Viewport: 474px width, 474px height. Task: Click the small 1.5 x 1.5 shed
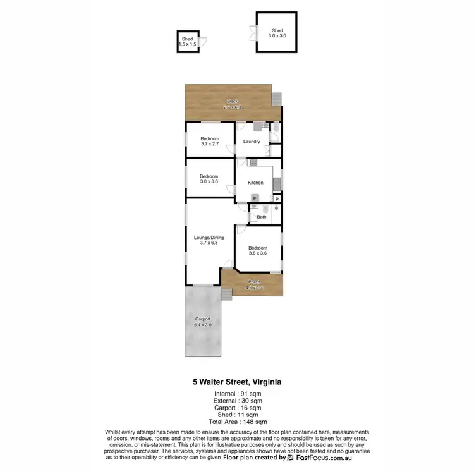(187, 42)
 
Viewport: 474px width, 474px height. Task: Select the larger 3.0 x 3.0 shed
(277, 33)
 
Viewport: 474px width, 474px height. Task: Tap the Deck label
(233, 101)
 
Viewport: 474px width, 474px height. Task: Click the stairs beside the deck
(277, 99)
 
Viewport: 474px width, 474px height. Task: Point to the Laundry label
(252, 142)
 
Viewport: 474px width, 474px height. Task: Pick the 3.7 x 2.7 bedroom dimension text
(210, 144)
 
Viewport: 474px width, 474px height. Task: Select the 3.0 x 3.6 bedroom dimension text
(209, 181)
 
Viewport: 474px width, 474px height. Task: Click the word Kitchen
(255, 183)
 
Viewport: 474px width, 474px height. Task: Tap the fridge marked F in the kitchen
(255, 198)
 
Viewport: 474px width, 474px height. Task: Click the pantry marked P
(276, 198)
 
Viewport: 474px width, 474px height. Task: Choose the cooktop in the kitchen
(253, 162)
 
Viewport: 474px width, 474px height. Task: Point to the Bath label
(261, 217)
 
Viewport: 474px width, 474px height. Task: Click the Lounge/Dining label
(209, 238)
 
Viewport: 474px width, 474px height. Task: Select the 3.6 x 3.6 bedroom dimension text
(258, 252)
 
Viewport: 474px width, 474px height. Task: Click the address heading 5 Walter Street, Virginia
(237, 382)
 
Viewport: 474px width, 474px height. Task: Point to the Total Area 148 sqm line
(237, 421)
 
